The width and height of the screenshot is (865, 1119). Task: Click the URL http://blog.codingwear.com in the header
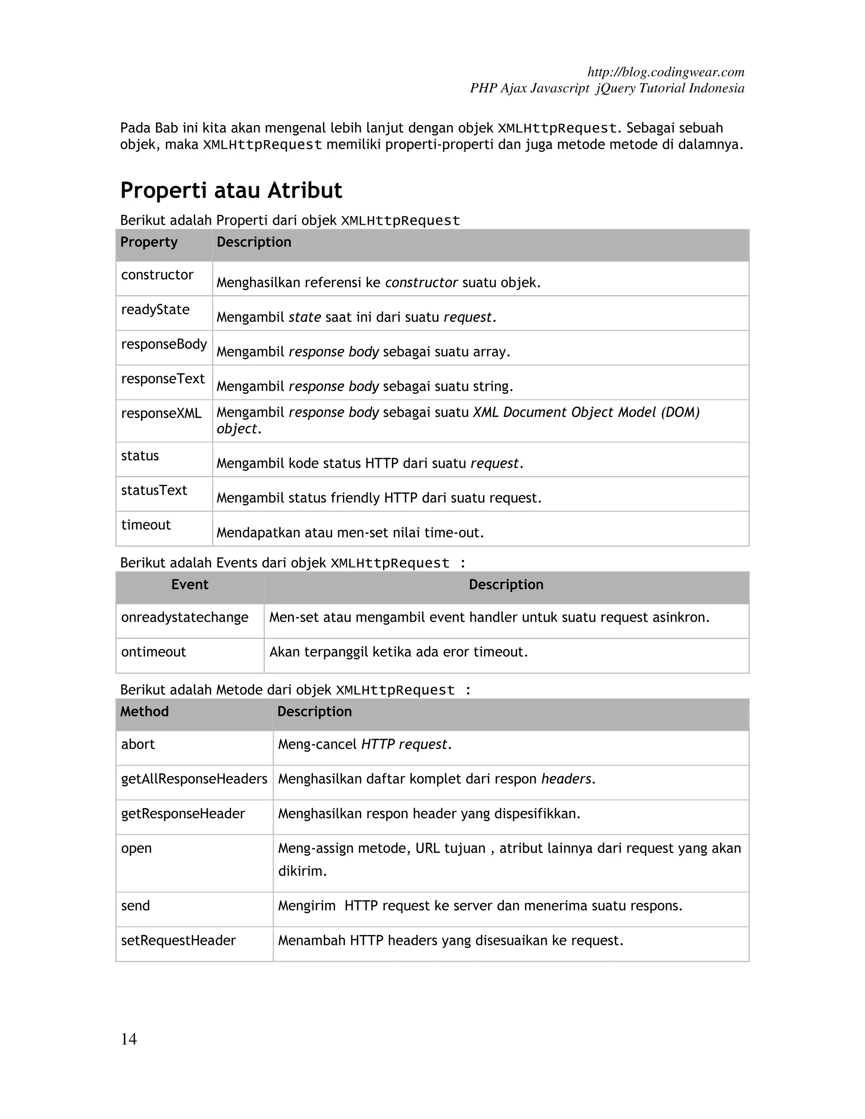coord(666,72)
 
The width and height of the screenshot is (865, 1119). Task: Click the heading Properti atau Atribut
coord(231,190)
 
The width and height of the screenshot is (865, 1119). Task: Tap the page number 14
coord(129,1039)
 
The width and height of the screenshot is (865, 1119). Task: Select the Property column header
coord(149,242)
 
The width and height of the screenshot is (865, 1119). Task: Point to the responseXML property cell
coord(161,413)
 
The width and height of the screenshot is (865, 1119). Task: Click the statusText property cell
coord(154,490)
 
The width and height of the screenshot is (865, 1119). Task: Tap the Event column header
coord(190,584)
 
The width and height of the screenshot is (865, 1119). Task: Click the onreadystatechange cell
coord(185,617)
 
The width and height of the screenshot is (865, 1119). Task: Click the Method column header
coord(144,711)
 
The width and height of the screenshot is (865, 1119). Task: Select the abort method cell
coord(137,744)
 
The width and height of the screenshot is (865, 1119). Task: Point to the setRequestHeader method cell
coord(178,940)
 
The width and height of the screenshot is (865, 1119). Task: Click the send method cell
coord(135,905)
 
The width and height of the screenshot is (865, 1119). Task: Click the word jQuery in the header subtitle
coord(615,88)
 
